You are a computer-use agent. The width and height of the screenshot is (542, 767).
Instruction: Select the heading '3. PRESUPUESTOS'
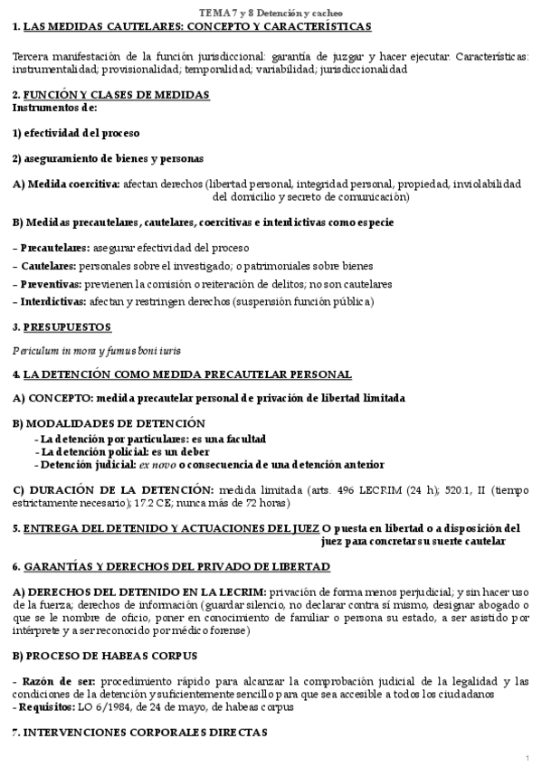(x=62, y=327)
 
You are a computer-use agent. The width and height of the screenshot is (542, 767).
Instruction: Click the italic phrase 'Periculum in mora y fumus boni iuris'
(x=92, y=349)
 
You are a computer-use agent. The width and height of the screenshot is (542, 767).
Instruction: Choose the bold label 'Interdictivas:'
(x=54, y=302)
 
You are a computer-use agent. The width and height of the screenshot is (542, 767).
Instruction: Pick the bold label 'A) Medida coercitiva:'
(x=66, y=184)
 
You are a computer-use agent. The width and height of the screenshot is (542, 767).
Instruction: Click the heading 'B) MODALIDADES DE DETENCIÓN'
(x=109, y=423)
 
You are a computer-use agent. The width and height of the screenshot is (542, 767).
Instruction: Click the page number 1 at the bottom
(x=527, y=756)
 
